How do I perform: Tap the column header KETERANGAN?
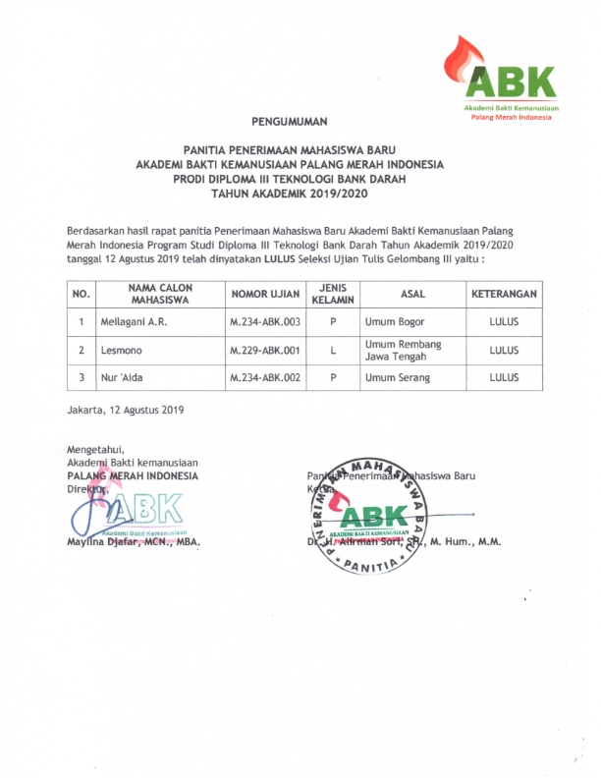click(504, 293)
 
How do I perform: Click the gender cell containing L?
click(334, 349)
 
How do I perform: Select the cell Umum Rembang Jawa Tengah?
click(403, 350)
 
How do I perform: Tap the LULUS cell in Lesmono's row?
click(504, 349)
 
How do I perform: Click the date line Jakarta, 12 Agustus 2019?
click(125, 408)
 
